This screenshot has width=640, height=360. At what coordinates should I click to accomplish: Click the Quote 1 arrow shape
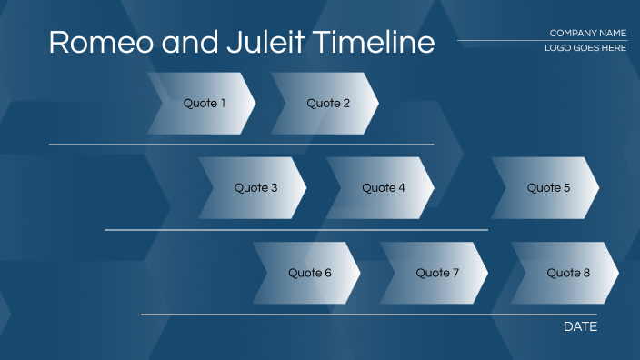[x=204, y=104]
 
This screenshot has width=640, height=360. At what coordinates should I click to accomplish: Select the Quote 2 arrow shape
[x=327, y=104]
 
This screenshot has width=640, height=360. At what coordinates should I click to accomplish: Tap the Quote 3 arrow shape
[x=255, y=188]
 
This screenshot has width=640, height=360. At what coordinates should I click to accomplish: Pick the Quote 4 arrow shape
[x=383, y=188]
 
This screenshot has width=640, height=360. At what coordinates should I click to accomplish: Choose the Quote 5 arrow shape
[x=548, y=188]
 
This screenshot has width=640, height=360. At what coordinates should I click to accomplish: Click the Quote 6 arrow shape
[x=309, y=273]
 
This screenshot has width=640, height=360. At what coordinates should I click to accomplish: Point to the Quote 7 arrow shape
[x=437, y=273]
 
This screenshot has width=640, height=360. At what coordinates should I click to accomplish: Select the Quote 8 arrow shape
[x=567, y=273]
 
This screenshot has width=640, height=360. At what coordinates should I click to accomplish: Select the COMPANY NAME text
[x=587, y=34]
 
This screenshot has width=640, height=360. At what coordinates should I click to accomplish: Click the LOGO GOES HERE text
[x=585, y=48]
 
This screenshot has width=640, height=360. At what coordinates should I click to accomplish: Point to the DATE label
[x=580, y=326]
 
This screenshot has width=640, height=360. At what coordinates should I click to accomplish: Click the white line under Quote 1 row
[x=241, y=145]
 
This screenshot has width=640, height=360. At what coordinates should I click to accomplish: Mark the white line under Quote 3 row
[x=295, y=230]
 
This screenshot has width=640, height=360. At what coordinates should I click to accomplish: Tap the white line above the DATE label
[x=368, y=315]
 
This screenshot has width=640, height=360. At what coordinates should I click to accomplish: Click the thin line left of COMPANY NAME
[x=500, y=41]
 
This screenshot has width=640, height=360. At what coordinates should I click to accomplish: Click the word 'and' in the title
[x=186, y=43]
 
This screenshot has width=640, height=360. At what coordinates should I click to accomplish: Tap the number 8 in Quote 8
[x=586, y=273]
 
